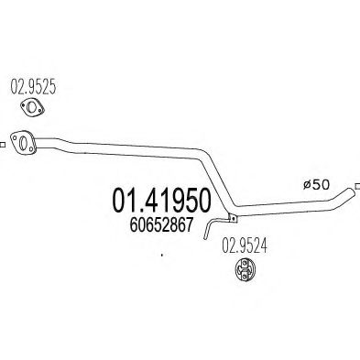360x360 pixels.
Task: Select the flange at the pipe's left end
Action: (27, 142)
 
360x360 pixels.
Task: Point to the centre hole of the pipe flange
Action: (27, 142)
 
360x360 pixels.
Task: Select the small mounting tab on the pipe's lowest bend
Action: (233, 218)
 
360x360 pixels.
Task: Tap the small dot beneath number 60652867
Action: (160, 256)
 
